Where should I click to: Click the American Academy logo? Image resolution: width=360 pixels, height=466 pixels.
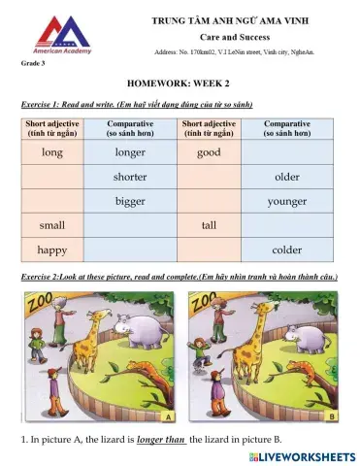click(65, 36)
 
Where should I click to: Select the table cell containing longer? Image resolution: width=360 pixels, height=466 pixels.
click(130, 152)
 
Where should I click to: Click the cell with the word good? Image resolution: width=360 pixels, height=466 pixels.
click(209, 152)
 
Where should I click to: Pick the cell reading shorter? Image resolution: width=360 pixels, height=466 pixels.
click(130, 177)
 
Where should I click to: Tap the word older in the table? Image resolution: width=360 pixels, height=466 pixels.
click(287, 177)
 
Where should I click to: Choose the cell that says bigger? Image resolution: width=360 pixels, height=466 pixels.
click(130, 201)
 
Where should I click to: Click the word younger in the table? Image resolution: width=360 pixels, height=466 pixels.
click(287, 201)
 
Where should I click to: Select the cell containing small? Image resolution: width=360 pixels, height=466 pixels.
click(52, 225)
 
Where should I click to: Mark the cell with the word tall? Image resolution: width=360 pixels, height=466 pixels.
click(209, 225)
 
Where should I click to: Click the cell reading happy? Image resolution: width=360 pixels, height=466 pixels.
click(52, 250)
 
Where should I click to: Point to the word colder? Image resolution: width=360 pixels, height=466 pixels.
click(287, 250)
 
